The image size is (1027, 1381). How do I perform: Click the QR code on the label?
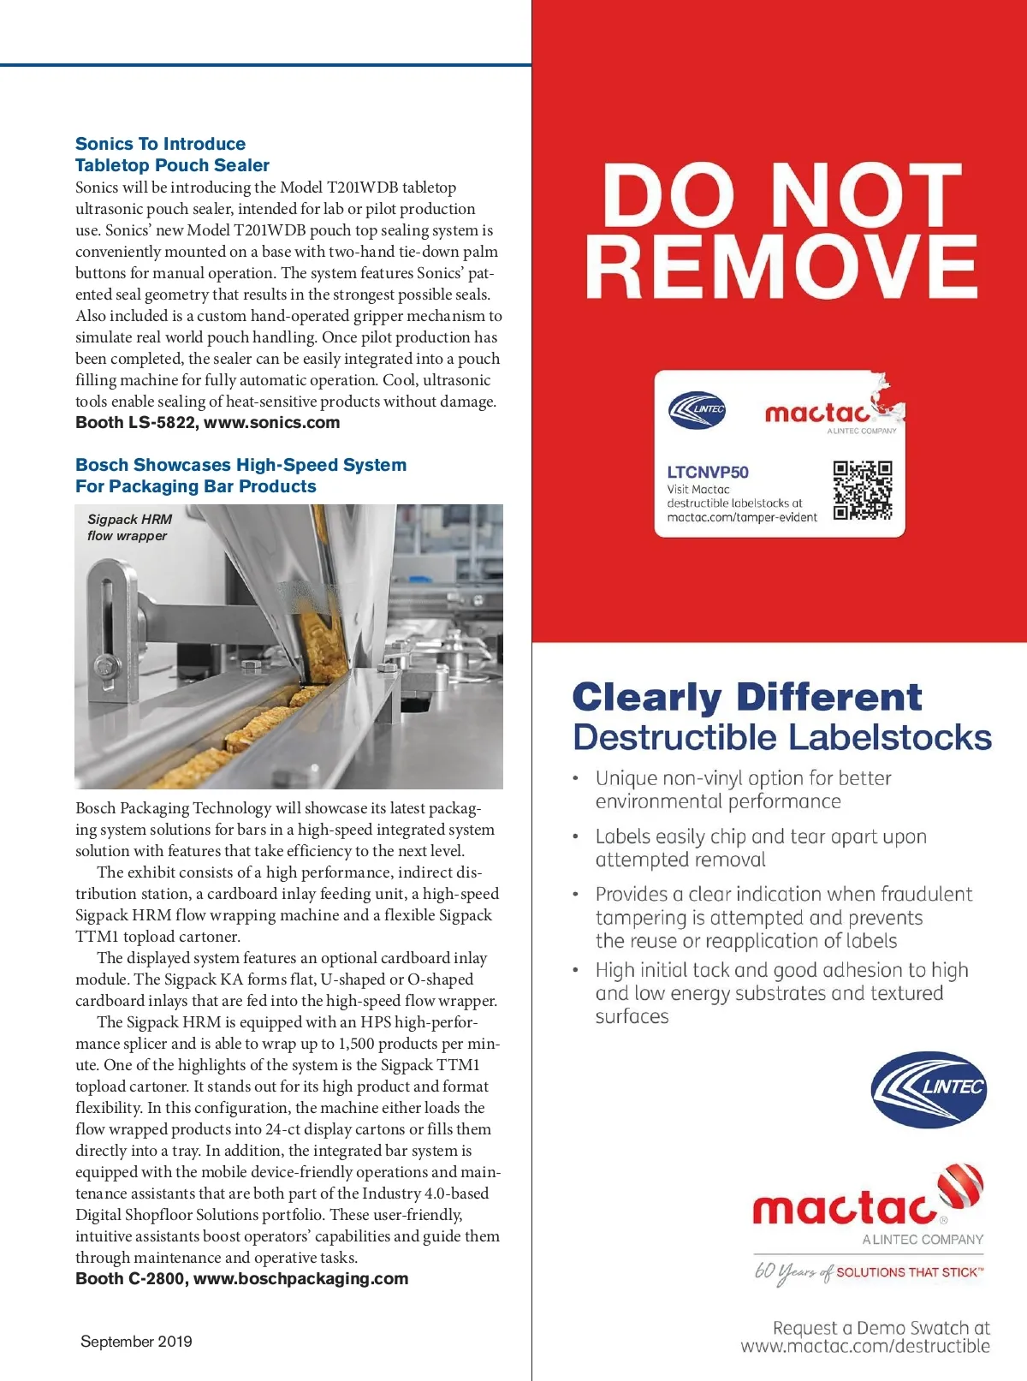863,491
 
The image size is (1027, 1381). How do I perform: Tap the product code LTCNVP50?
708,472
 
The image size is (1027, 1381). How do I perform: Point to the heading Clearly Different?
746,697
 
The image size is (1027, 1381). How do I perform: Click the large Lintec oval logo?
929,1089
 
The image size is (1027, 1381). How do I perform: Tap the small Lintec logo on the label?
698,409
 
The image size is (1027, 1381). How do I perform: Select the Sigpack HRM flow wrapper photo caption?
129,527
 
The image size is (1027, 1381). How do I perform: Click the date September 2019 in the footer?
136,1342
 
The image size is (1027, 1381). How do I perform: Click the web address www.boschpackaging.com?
300,1278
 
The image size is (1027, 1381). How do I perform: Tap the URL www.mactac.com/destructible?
865,1346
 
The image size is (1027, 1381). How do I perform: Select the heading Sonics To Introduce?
160,144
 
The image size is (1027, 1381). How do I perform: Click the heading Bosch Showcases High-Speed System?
240,465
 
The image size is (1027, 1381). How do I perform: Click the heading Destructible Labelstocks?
782,737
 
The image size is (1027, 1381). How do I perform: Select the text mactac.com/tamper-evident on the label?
742,517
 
